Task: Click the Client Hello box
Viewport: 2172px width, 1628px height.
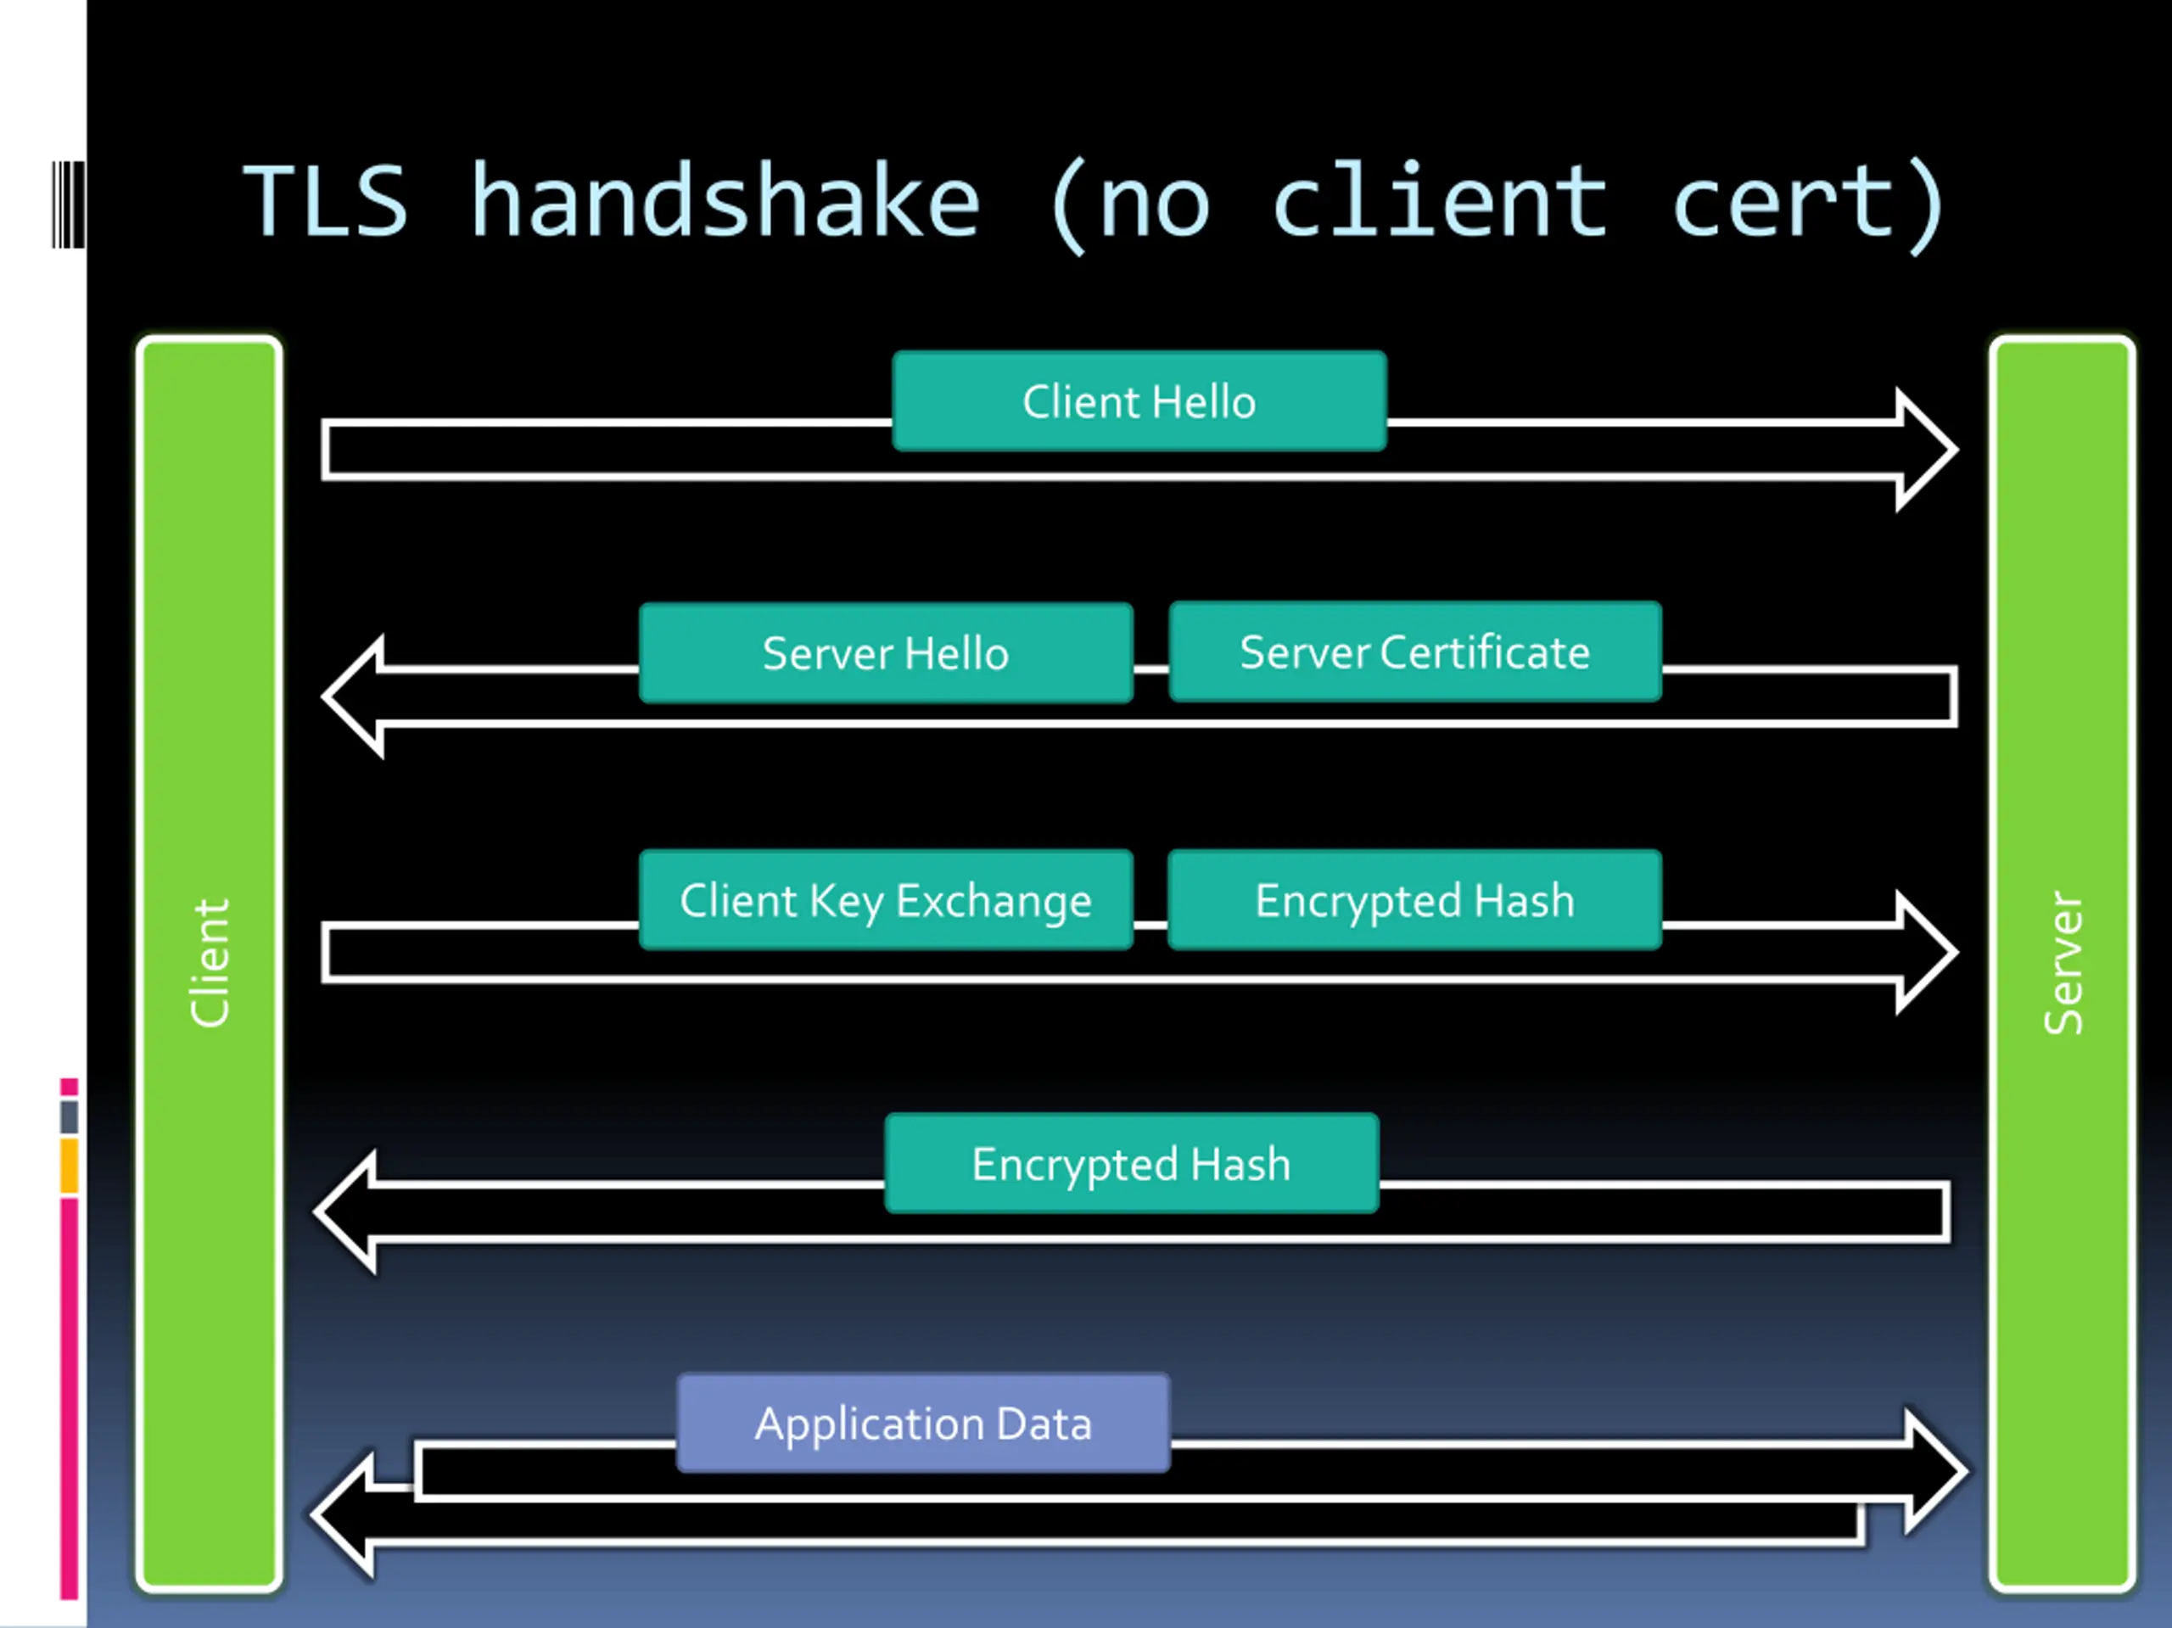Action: pos(1139,400)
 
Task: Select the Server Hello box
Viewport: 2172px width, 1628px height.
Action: pos(886,653)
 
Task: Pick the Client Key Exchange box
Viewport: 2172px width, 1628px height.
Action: pos(886,899)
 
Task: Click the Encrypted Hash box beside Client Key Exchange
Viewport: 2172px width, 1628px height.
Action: pos(1415,899)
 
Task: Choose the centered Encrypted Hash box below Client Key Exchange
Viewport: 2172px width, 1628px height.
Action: pos(1131,1164)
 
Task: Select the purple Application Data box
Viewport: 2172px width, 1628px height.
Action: pos(923,1423)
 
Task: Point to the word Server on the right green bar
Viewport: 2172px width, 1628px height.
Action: pos(2062,962)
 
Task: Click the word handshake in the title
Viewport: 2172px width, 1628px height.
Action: pos(725,201)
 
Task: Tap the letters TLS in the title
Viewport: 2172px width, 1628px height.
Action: pos(325,201)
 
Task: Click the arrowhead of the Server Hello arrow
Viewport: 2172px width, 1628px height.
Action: pos(355,697)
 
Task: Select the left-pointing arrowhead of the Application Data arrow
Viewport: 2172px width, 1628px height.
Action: pos(344,1514)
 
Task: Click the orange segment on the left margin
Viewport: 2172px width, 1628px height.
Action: pos(69,1166)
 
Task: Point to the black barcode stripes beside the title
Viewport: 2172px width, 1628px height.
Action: pos(68,204)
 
